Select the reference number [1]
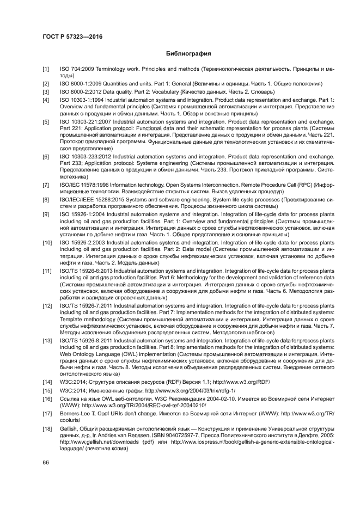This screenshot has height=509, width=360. (46, 70)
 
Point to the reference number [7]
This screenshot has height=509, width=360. (46, 185)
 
